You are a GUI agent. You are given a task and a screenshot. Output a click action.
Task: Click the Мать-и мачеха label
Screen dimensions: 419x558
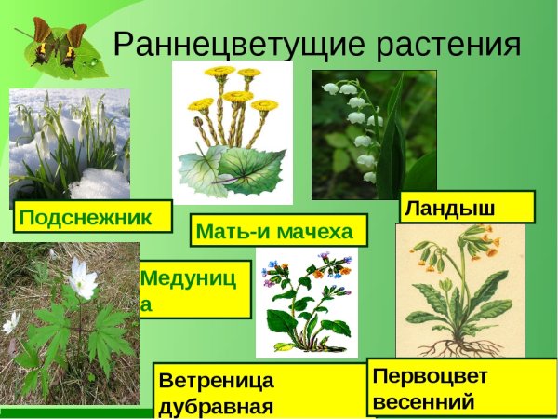[278, 230]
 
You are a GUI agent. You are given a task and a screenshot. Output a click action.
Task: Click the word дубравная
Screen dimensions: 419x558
[216, 407]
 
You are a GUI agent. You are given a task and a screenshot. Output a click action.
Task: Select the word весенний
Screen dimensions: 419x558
[424, 401]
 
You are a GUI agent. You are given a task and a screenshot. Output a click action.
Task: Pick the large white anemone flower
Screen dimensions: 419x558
[82, 278]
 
